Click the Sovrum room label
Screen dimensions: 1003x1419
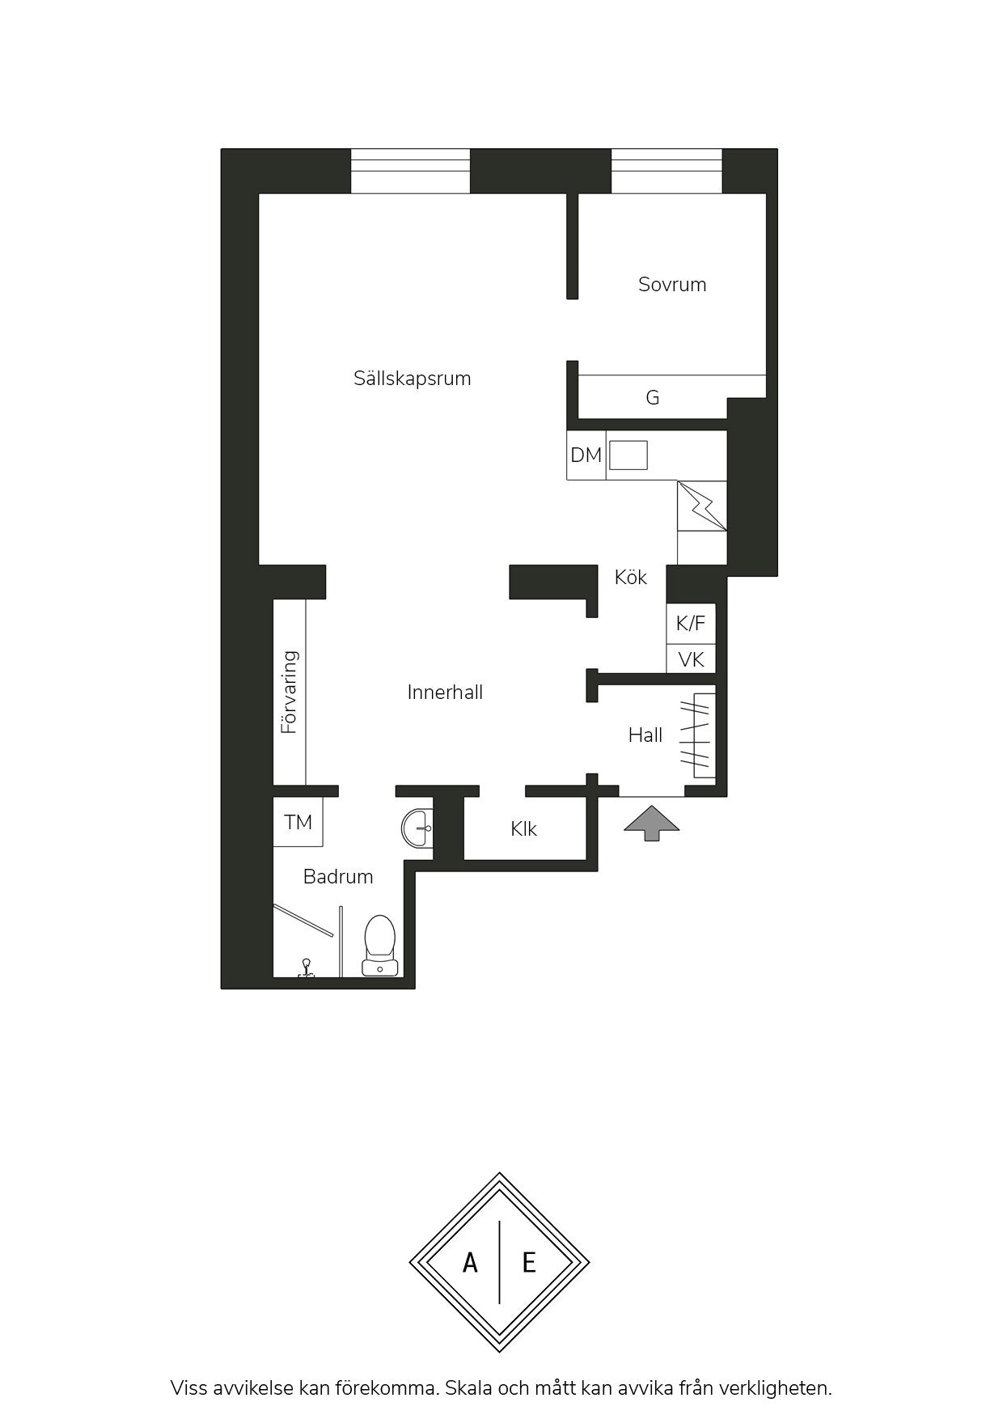pos(672,284)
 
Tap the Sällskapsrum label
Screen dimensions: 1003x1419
pos(412,378)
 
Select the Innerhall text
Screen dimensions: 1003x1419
pos(445,692)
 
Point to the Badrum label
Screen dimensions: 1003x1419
pos(338,876)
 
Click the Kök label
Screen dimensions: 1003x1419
pos(630,577)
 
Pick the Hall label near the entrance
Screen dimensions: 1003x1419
pos(645,735)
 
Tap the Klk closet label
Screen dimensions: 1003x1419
pos(523,829)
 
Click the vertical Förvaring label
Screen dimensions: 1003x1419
pos(290,692)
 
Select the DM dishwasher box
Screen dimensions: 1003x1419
pos(586,455)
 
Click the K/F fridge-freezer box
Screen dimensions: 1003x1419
pos(691,623)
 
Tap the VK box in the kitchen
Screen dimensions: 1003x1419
pos(691,659)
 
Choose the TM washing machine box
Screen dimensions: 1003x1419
pos(298,822)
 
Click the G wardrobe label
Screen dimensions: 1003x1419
pos(653,397)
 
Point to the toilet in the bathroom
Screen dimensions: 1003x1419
pos(379,944)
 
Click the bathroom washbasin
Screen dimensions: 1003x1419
pos(417,828)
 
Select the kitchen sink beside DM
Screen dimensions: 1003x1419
pos(628,455)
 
